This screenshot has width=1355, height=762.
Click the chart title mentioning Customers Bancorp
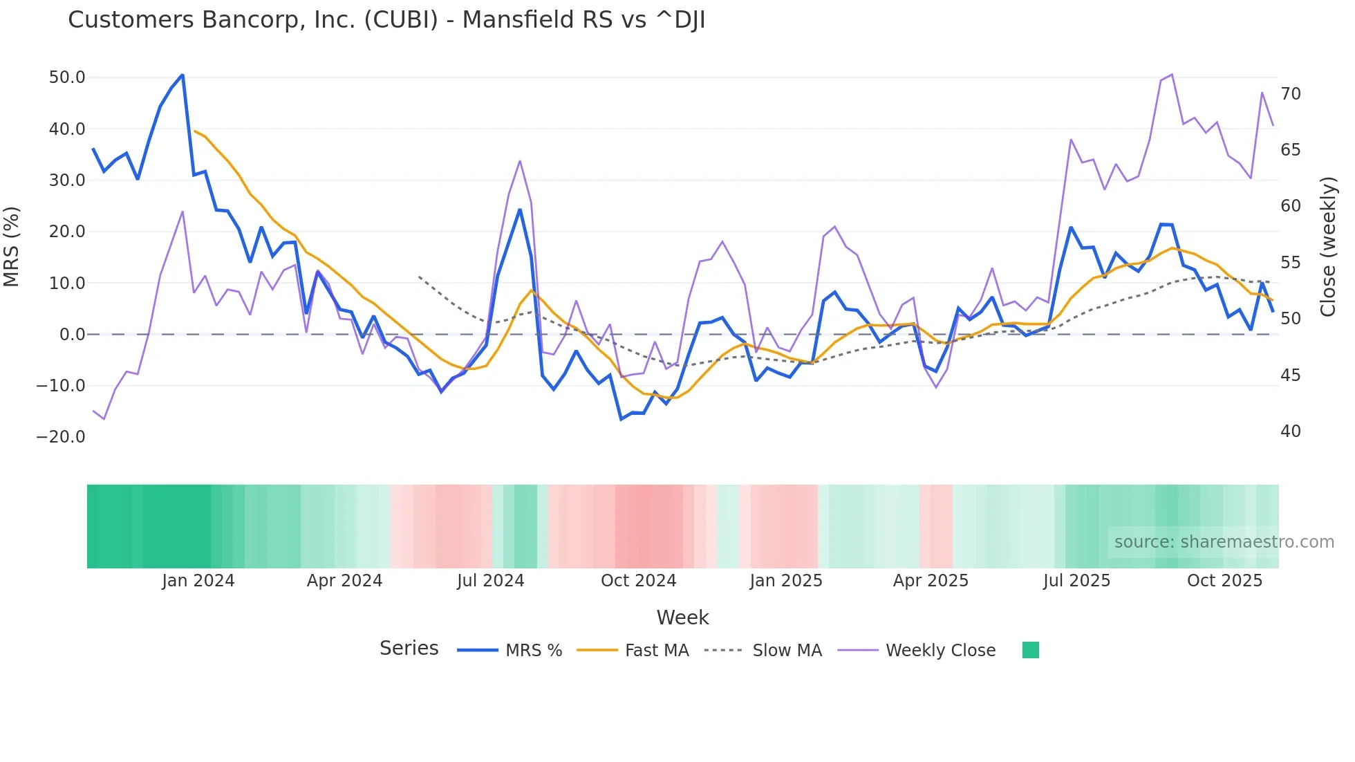click(x=386, y=20)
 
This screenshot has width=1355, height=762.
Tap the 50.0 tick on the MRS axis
click(x=67, y=77)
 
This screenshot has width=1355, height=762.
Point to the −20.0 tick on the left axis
click(x=61, y=437)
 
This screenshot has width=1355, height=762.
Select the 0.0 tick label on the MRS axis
click(x=72, y=335)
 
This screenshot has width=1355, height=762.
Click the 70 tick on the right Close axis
click(x=1290, y=94)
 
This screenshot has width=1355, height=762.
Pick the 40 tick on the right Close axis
click(x=1290, y=431)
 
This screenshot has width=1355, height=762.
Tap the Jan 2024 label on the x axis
click(x=198, y=581)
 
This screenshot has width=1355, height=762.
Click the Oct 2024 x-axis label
click(x=638, y=581)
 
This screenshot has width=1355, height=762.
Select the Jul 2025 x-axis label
click(x=1076, y=581)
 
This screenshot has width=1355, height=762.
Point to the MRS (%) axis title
click(x=12, y=246)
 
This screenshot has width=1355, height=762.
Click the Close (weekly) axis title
click(x=1327, y=247)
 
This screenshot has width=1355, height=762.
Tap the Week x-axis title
click(x=682, y=617)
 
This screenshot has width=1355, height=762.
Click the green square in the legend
click(x=1030, y=650)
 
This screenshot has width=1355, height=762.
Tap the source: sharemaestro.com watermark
click(x=1224, y=542)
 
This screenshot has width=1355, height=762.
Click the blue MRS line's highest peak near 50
click(x=183, y=75)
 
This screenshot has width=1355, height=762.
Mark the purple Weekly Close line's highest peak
click(x=1172, y=75)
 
